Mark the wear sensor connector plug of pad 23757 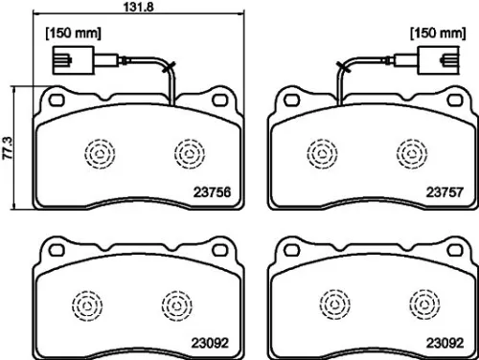tap(444, 66)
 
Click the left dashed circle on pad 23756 tap(98, 151)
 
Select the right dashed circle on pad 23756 tap(188, 151)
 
